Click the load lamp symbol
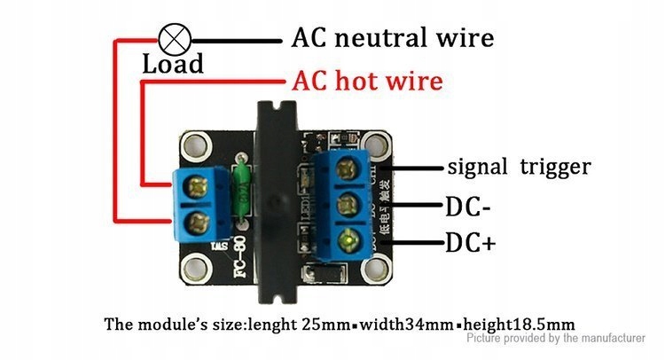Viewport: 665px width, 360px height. (171, 38)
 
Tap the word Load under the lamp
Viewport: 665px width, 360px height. (173, 64)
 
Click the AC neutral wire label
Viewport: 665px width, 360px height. (393, 38)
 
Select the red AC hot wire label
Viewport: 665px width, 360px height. (367, 82)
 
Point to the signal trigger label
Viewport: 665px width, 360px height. (519, 167)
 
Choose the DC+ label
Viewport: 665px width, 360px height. (469, 242)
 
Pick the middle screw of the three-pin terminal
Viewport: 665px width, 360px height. (350, 201)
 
